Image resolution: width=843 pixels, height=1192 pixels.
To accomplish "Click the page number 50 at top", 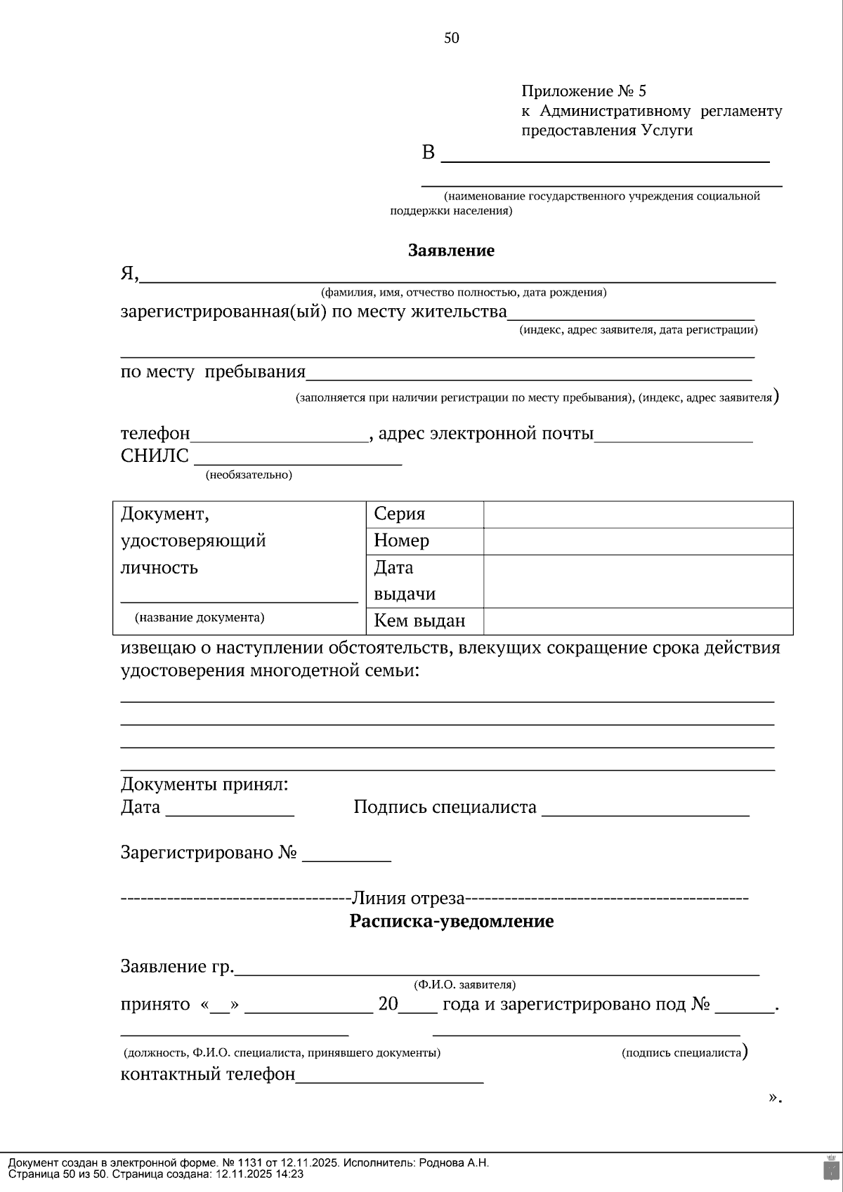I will (x=451, y=38).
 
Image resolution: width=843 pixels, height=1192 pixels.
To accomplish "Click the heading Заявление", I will (x=451, y=251).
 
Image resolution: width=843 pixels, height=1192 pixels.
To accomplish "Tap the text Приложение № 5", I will (x=583, y=91).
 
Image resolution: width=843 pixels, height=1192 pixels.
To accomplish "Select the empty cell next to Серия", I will (x=638, y=515).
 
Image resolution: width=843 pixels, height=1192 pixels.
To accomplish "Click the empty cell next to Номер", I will (x=638, y=541).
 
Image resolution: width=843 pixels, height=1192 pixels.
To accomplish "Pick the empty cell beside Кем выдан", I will (x=638, y=621).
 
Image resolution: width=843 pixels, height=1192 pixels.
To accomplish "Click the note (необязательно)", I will (x=249, y=475).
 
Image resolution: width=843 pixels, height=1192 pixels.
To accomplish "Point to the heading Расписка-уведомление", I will (x=451, y=921).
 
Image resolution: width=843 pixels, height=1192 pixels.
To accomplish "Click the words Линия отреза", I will (x=408, y=898).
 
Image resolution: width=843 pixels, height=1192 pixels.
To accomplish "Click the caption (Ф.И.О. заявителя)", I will (x=464, y=985).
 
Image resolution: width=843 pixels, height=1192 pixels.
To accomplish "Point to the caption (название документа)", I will (x=200, y=618).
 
